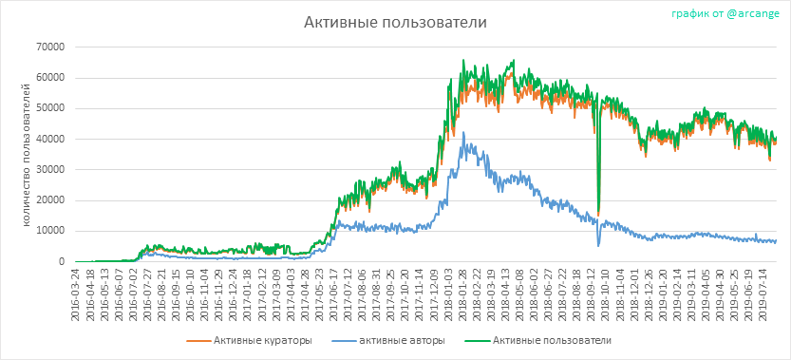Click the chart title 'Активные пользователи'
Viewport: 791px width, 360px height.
pyautogui.click(x=395, y=23)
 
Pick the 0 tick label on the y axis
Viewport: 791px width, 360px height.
pyautogui.click(x=63, y=261)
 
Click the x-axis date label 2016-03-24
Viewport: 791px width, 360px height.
pyautogui.click(x=76, y=293)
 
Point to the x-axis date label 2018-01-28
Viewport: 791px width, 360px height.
pyautogui.click(x=461, y=293)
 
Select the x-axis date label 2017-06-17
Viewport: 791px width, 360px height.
pyautogui.click(x=333, y=293)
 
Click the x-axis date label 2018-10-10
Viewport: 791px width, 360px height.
pyautogui.click(x=607, y=293)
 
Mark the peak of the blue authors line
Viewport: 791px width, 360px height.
pyautogui.click(x=463, y=132)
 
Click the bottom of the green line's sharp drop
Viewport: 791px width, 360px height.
pyautogui.click(x=598, y=212)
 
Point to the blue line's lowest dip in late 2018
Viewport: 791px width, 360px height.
pyautogui.click(x=598, y=246)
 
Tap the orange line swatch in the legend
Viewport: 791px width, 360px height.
pyautogui.click(x=198, y=341)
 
